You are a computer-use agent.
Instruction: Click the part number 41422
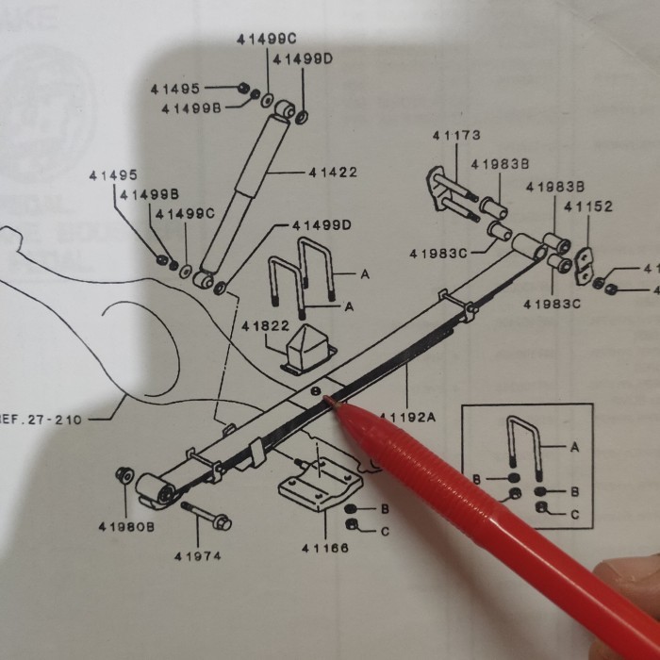pyautogui.click(x=332, y=173)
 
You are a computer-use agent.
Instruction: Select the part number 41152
pyautogui.click(x=588, y=206)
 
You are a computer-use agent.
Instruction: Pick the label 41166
pyautogui.click(x=325, y=549)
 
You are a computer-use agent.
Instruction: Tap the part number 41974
pyautogui.click(x=197, y=555)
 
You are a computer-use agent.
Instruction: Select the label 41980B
pyautogui.click(x=125, y=526)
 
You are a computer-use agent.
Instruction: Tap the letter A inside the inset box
pyautogui.click(x=574, y=448)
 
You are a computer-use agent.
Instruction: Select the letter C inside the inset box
pyautogui.click(x=574, y=515)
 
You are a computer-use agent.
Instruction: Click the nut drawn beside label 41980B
pyautogui.click(x=122, y=473)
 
